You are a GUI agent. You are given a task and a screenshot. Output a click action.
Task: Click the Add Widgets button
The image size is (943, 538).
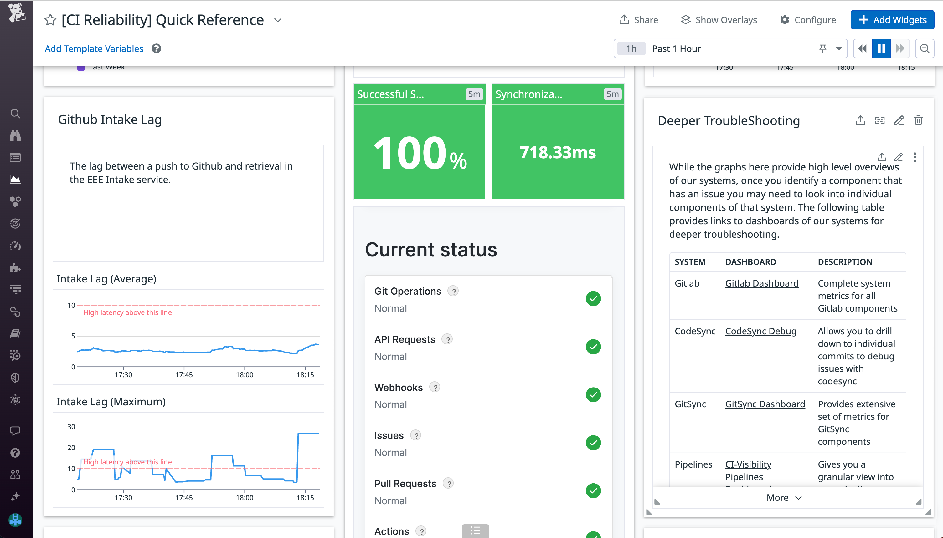[892, 20]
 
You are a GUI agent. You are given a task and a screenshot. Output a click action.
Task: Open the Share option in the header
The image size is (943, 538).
[639, 20]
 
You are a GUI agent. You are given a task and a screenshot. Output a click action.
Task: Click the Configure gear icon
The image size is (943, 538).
[784, 20]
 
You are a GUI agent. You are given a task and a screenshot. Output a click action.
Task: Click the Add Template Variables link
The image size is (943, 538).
[94, 49]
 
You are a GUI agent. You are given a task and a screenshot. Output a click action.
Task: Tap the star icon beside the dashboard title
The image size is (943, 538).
[50, 20]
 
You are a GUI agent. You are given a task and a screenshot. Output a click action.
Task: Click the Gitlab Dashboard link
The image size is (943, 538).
[761, 283]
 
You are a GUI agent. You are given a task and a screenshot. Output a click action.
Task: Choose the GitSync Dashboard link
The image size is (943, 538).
[765, 404]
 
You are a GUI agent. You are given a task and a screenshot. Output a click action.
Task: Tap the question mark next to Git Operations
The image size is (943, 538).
[453, 291]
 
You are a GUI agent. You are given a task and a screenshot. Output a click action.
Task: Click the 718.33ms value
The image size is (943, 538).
[557, 152]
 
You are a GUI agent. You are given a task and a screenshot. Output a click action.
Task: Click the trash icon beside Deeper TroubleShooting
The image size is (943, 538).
[918, 120]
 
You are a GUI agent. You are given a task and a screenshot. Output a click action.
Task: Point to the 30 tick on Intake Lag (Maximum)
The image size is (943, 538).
[71, 427]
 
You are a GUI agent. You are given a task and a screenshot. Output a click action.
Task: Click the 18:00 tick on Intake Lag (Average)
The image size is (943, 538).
[245, 375]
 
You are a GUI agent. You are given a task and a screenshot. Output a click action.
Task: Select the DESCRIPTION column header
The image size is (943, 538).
[845, 262]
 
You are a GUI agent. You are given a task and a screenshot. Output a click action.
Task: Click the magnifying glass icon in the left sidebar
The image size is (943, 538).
[15, 114]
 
